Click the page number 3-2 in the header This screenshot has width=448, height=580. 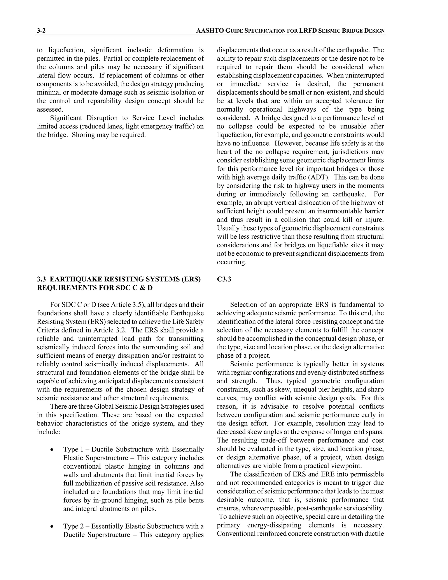point(41,31)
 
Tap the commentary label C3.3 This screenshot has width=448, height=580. point(224,279)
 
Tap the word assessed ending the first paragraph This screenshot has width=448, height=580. point(50,109)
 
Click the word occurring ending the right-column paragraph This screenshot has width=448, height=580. point(231,262)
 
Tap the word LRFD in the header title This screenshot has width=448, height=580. point(308,31)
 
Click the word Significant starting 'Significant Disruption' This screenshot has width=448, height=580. point(65,118)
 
